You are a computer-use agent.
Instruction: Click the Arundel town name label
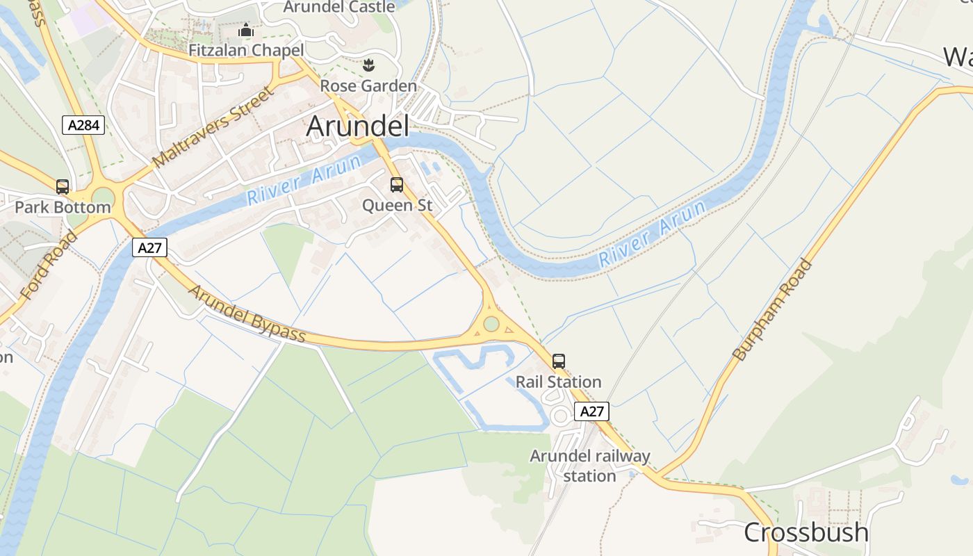coord(357,126)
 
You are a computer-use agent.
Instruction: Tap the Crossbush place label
coord(806,532)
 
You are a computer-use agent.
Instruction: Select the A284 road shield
coord(83,125)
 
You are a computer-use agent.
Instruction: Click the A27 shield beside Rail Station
coord(592,411)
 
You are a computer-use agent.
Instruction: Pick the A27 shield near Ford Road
coord(150,247)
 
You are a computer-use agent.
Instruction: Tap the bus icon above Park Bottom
coord(63,186)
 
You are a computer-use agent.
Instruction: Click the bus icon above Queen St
coord(397,185)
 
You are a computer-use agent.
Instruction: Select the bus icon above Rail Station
coord(559,361)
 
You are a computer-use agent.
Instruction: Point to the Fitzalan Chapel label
coord(247,50)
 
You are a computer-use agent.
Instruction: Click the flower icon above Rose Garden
coord(368,66)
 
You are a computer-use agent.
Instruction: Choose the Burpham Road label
coord(773,309)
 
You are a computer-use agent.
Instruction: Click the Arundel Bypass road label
coord(247,315)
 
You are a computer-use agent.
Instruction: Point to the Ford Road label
coord(49,265)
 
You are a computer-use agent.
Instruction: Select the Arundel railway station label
coord(590,466)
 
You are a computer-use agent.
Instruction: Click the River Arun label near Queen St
coord(304,179)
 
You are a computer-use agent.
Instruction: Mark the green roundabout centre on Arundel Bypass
coord(491,324)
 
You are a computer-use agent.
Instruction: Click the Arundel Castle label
coord(340,7)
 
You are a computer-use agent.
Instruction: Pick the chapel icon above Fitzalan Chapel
coord(246,31)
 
